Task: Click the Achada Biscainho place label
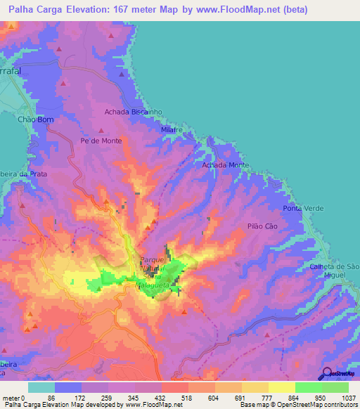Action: point(134,112)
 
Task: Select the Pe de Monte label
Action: point(101,141)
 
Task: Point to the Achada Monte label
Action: point(225,165)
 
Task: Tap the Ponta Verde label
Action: point(302,209)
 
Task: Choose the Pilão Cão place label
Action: point(264,227)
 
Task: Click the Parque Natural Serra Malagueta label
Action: point(153,268)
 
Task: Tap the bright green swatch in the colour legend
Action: point(309,387)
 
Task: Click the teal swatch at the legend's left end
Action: point(41,387)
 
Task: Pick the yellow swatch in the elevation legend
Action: point(282,387)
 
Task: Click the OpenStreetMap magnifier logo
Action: point(326,374)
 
